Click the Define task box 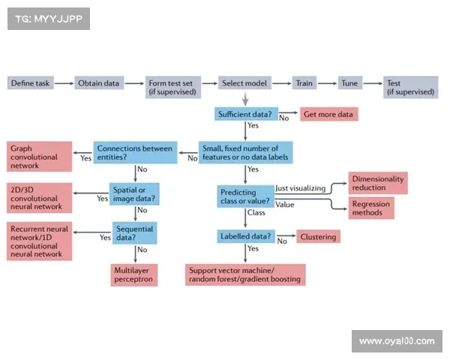(x=31, y=83)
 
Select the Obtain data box (x=99, y=83)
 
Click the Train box (x=304, y=83)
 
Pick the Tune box (x=350, y=83)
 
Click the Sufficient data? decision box (x=245, y=114)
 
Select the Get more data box (x=328, y=114)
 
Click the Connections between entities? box (x=135, y=153)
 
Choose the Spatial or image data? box (x=134, y=193)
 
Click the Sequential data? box (x=134, y=233)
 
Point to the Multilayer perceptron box (x=134, y=274)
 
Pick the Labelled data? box (x=244, y=236)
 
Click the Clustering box (x=319, y=237)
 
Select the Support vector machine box (x=246, y=274)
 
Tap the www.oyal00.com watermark (x=396, y=341)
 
